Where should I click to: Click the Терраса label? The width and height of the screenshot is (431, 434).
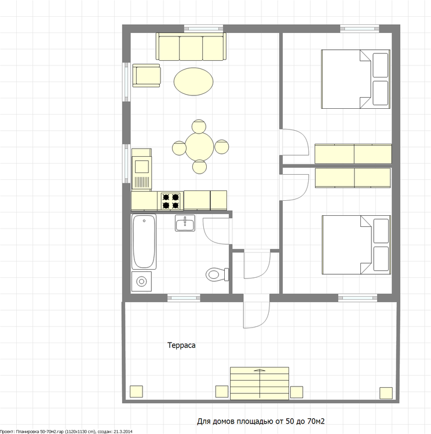coord(181,345)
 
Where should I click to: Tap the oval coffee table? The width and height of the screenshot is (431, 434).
coord(193,82)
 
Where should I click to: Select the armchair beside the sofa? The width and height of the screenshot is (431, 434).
coord(147,76)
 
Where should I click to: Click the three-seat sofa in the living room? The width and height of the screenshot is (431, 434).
coord(191,46)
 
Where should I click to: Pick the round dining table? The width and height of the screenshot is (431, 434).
coord(199,147)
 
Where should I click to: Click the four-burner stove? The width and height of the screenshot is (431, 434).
coord(170,201)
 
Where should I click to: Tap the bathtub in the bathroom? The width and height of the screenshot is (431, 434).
coord(144,242)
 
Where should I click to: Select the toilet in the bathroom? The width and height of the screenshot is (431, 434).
coord(217,274)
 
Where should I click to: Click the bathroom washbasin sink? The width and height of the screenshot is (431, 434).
coord(185,223)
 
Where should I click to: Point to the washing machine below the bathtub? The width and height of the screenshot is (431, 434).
coord(141,281)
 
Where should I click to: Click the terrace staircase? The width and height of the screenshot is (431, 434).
coord(260,383)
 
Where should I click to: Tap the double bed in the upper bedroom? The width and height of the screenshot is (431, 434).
coord(356,79)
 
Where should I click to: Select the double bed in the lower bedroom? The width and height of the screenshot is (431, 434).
coord(356,245)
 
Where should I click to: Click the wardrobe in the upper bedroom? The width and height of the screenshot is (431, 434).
coord(353,154)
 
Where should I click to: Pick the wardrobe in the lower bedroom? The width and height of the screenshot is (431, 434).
coord(353,178)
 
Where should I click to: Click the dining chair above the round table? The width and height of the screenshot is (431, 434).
coord(199,126)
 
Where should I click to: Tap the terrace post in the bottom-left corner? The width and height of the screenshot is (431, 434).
coord(136,391)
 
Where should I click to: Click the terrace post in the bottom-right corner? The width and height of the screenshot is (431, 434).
coord(386,393)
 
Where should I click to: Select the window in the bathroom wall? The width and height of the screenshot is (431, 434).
coord(184,298)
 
